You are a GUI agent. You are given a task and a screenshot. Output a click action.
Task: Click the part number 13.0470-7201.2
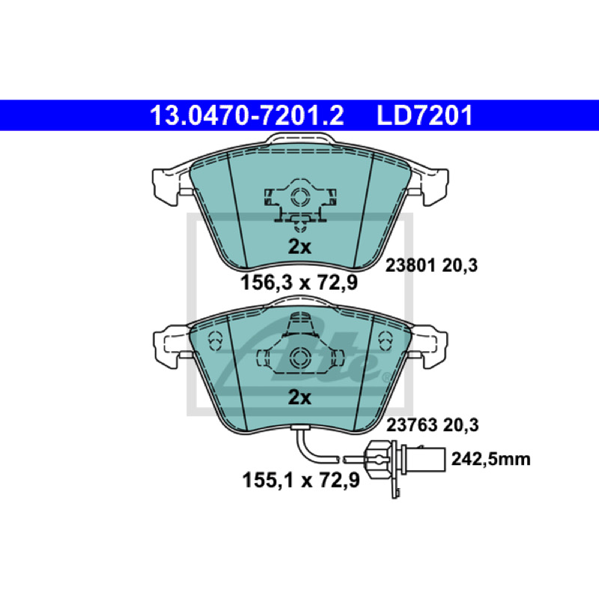(x=247, y=115)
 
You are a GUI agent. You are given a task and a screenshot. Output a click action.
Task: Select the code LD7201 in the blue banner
(x=425, y=115)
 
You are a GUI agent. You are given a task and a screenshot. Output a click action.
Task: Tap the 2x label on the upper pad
(x=299, y=247)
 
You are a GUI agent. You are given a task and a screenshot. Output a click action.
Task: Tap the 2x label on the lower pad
(x=299, y=398)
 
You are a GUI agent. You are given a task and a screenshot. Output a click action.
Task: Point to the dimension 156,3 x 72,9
(x=299, y=283)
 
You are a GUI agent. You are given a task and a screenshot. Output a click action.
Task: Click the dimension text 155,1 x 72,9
(x=301, y=480)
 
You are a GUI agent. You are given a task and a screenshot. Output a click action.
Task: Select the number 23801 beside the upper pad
(x=410, y=266)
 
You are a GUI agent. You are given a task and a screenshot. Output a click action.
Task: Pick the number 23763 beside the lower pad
(x=411, y=425)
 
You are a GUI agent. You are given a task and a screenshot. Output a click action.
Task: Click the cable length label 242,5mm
(x=491, y=459)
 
